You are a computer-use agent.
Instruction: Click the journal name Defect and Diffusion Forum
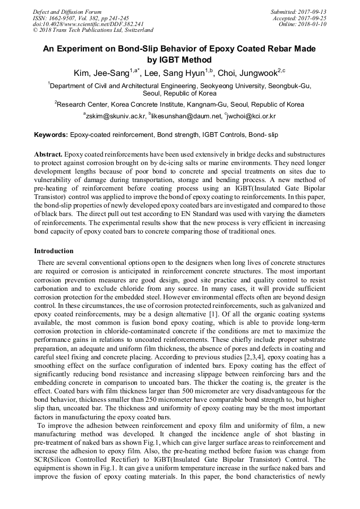[x=67, y=12]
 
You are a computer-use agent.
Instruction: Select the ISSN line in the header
[x=81, y=18]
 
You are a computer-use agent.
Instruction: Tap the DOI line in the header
[x=88, y=24]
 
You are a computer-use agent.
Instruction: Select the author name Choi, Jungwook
[x=249, y=73]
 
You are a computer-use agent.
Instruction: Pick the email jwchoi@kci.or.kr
[x=251, y=116]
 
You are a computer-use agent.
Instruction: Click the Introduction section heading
[x=54, y=251]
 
